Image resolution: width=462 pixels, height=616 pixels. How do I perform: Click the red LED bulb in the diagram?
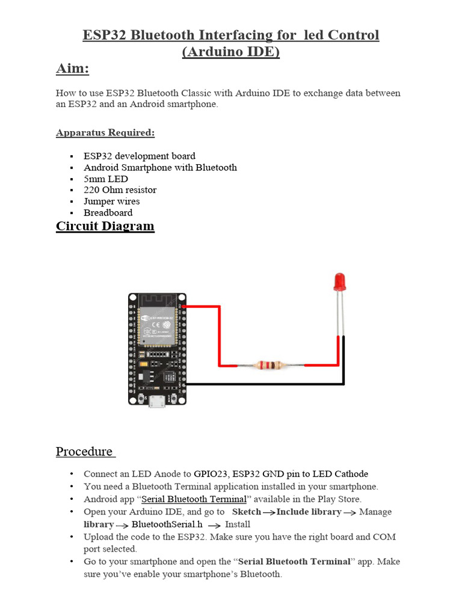[339, 280]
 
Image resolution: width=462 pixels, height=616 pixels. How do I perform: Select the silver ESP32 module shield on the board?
[156, 325]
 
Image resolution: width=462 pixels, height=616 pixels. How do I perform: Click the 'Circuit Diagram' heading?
[105, 226]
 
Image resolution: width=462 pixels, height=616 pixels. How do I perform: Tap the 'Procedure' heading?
[85, 452]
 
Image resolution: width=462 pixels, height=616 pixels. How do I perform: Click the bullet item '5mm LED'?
[106, 179]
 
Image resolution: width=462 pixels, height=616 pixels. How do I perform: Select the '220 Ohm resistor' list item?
[120, 190]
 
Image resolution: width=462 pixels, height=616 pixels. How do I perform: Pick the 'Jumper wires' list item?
[111, 202]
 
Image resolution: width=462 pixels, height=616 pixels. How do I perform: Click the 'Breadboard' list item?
[108, 213]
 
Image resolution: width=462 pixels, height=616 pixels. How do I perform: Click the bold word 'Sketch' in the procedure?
[247, 512]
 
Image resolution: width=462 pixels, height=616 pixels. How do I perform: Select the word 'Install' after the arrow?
[238, 525]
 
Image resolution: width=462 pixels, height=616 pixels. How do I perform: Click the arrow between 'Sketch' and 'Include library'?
[269, 513]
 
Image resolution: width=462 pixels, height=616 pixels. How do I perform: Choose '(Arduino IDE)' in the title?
[231, 52]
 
